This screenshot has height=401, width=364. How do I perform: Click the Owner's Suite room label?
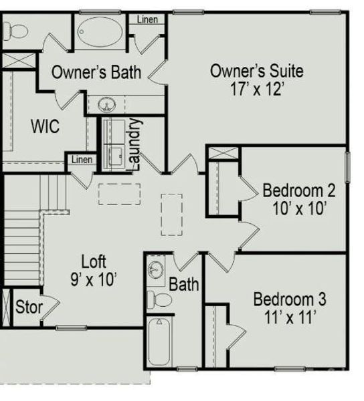point(257,71)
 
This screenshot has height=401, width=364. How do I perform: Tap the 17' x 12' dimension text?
point(257,89)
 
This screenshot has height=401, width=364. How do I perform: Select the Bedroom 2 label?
point(299,190)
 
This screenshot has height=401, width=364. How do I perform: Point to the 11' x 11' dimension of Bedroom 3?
point(290,317)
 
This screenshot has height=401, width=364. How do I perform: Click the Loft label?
point(94,261)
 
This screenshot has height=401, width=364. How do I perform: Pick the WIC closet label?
point(45,126)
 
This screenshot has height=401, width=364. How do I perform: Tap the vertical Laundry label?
point(134,144)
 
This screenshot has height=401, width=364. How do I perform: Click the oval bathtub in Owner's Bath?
point(100,32)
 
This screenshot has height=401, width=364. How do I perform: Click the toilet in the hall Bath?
point(159,299)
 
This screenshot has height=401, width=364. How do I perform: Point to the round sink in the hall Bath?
point(156,269)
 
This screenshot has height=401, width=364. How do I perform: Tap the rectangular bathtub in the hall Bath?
point(159,342)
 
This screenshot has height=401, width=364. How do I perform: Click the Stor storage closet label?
point(29,307)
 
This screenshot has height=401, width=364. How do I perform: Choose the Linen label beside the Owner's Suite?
point(147,19)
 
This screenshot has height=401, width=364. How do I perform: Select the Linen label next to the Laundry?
point(82,160)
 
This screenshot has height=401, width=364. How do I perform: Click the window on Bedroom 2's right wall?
point(347,167)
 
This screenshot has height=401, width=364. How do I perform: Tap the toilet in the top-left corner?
point(16,31)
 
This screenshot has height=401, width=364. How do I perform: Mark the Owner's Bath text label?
point(96,72)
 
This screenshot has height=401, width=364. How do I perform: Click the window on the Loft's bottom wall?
point(72,327)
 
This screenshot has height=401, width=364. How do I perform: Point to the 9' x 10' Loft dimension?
point(94,279)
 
